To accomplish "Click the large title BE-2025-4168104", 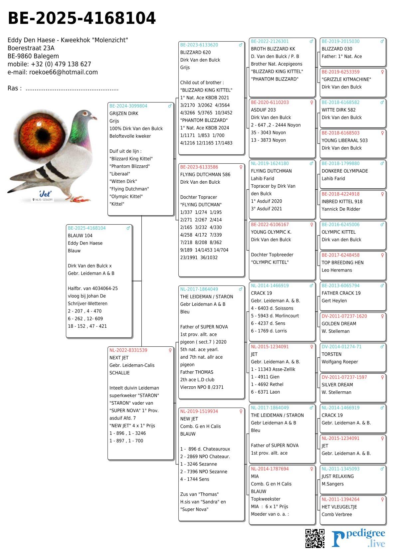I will (x=82, y=18).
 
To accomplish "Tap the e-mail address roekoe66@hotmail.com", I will (x=63, y=72).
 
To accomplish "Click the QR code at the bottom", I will (x=315, y=538).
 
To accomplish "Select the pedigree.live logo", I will (x=358, y=538).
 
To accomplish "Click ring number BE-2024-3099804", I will (x=128, y=106).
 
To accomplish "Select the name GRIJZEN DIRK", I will (x=124, y=113).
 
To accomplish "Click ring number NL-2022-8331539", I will (x=128, y=350).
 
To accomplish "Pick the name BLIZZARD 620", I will (x=195, y=53).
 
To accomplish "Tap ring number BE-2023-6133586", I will (x=199, y=167).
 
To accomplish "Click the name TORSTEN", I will (x=331, y=354).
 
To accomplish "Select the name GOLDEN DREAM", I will (x=339, y=324).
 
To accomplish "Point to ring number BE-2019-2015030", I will (x=340, y=42).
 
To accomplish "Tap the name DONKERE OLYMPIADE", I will (x=345, y=171).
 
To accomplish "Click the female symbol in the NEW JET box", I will (x=241, y=412).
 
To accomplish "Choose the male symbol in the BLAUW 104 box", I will (x=128, y=228).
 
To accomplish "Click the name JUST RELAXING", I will (x=337, y=476).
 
